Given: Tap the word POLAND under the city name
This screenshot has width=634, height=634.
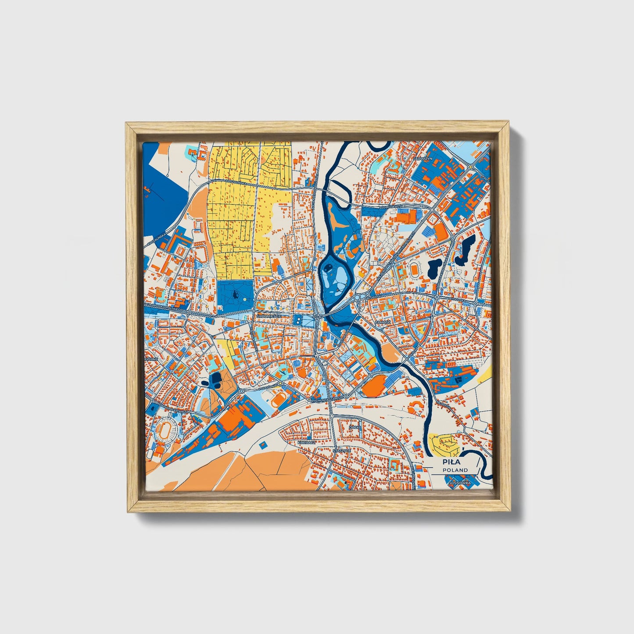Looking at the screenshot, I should [455, 470].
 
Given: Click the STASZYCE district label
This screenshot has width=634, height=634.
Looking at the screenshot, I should [341, 450].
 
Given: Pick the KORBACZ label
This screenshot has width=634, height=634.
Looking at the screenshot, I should [306, 443].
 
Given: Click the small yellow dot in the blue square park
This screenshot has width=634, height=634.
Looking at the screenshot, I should [244, 299].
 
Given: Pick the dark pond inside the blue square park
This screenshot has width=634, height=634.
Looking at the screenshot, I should [235, 293].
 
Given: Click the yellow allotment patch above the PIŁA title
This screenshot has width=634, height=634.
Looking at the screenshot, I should [444, 444].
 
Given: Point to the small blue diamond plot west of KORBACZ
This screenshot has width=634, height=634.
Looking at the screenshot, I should [263, 445].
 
